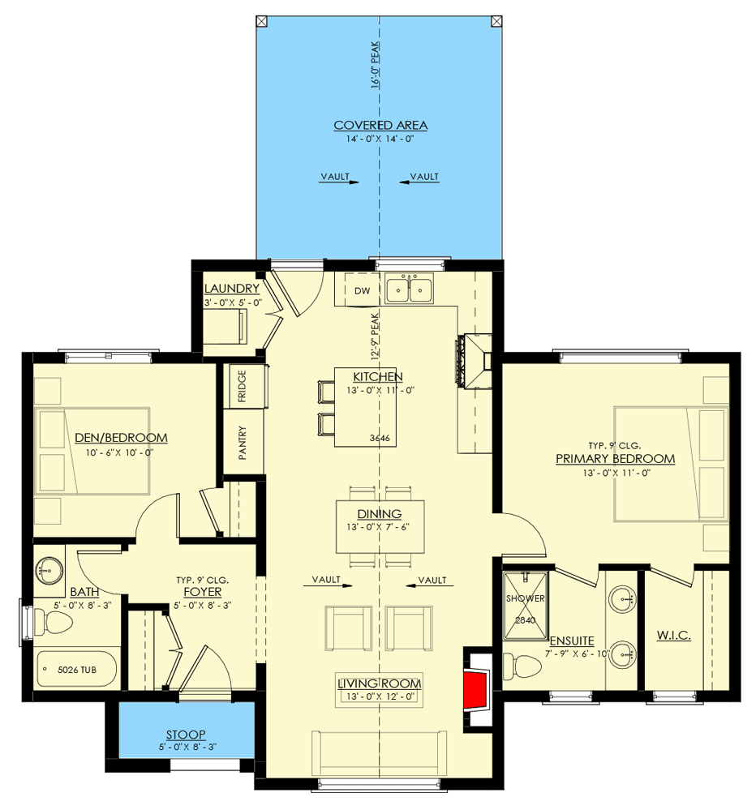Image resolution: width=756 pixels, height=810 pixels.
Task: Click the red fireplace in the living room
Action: pos(476,688)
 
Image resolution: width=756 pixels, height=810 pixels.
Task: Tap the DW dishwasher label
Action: pos(362,290)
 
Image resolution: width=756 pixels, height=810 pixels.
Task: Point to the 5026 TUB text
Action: pos(75,671)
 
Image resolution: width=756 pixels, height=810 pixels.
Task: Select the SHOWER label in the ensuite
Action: pos(525,598)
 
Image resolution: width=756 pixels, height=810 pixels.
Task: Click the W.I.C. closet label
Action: pos(673,636)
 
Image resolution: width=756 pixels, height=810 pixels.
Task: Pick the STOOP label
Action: pos(187,734)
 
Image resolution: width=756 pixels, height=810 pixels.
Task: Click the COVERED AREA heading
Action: pos(380,125)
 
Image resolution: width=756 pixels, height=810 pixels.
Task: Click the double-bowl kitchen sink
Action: pos(410,289)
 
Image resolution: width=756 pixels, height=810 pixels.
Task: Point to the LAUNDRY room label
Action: pos(232,289)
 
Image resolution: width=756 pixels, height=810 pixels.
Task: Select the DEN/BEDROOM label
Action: pos(121,438)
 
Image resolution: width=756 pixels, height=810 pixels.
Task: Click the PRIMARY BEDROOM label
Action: pos(615,459)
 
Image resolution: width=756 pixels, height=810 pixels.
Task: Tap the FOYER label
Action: pos(202,592)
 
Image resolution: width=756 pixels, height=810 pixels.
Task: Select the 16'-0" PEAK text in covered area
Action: pos(376,66)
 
